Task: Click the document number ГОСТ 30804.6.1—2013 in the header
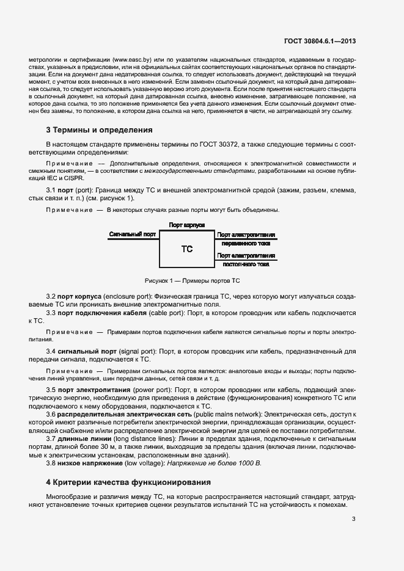320,42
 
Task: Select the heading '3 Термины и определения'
100,130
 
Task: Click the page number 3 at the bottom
354,520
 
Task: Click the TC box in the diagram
187,249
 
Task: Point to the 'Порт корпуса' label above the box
186,225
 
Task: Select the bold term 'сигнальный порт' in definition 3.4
86,351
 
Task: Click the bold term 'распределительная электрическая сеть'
123,414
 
